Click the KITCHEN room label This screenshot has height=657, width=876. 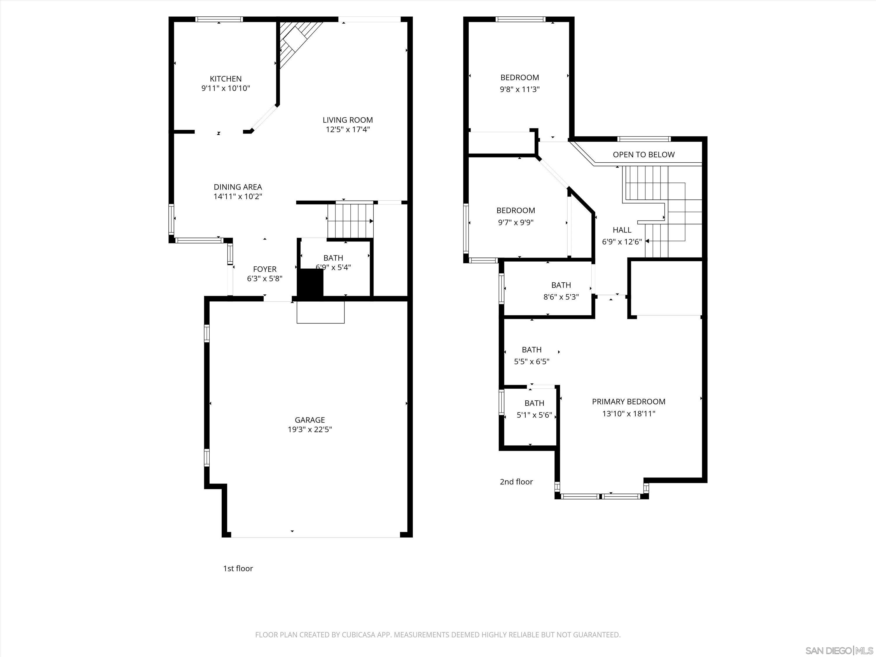(225, 79)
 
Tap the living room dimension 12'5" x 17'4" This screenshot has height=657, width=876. (348, 129)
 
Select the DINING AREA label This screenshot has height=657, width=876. (238, 187)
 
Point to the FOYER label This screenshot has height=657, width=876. (265, 269)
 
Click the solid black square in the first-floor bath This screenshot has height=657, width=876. (310, 282)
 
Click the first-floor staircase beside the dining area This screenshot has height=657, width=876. (350, 220)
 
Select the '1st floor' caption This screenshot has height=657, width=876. (238, 568)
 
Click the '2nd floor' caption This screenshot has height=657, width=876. (516, 482)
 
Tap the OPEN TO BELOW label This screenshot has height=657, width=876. (644, 155)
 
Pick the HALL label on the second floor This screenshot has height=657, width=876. (622, 230)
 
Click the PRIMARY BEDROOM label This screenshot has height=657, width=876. (628, 401)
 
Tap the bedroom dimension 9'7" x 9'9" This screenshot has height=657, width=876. (516, 223)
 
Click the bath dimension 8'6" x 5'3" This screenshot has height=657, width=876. (561, 297)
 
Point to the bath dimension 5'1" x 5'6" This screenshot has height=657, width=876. (534, 416)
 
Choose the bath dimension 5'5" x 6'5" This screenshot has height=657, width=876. (531, 361)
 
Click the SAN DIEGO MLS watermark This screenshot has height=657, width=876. (839, 651)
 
